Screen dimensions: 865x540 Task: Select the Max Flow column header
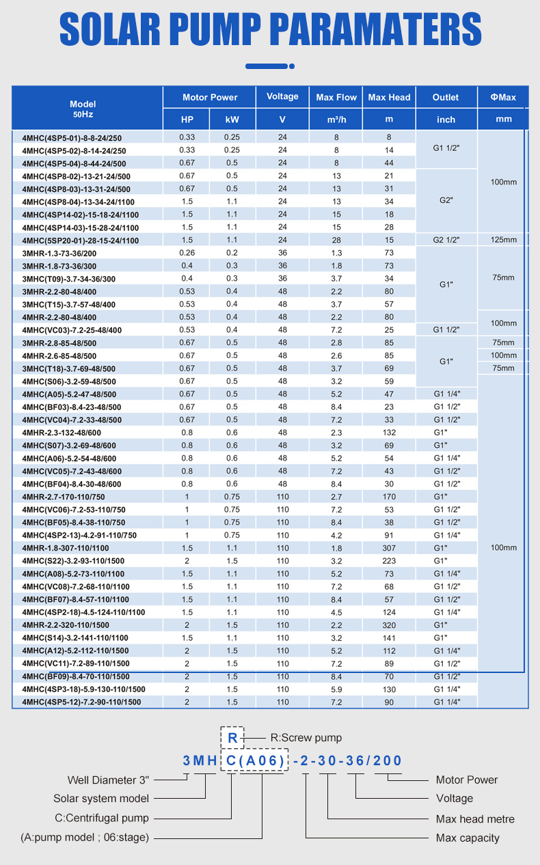[x=336, y=97]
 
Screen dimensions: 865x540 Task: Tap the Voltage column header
[x=282, y=96]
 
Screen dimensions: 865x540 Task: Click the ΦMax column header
[x=503, y=97]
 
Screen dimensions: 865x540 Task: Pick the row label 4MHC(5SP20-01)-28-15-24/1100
[x=80, y=241]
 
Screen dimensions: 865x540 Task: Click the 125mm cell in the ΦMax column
[x=503, y=240]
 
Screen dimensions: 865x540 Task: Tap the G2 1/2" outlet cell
[x=446, y=240]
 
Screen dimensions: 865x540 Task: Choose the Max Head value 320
[x=389, y=624]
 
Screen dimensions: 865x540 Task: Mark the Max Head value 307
[x=389, y=548]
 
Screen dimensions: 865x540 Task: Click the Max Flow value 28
[x=336, y=240]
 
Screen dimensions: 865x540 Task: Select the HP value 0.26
[x=187, y=253]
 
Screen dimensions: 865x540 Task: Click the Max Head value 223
[x=389, y=560]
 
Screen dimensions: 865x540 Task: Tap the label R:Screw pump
[x=306, y=738]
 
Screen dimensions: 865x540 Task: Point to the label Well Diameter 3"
[x=108, y=780]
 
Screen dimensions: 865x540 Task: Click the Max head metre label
[x=475, y=819]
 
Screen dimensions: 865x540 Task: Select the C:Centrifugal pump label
[x=102, y=818]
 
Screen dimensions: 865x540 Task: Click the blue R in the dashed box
[x=232, y=739]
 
